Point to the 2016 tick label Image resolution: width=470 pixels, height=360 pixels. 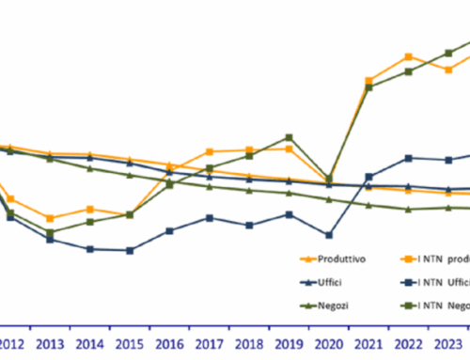(x=169, y=343)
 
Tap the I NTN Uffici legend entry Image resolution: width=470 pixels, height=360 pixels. (x=442, y=282)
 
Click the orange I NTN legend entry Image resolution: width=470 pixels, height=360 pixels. (x=442, y=258)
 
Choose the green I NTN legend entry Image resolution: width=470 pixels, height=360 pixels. (x=442, y=305)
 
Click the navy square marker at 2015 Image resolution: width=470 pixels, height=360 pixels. (x=130, y=250)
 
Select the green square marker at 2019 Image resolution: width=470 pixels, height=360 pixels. (x=289, y=137)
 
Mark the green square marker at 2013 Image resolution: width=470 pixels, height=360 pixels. (x=50, y=232)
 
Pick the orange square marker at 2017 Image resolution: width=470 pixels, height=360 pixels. (x=210, y=151)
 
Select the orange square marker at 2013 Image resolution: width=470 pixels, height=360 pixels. (x=50, y=218)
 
